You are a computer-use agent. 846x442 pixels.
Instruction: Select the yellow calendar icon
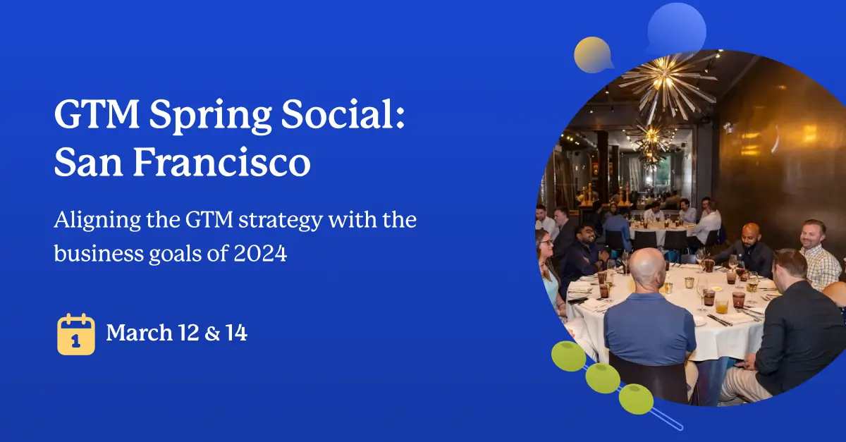tap(76, 334)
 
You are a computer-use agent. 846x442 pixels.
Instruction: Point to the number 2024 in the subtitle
tap(260, 253)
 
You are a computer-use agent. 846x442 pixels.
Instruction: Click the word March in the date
tap(140, 333)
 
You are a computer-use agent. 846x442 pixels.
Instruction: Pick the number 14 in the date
tap(236, 333)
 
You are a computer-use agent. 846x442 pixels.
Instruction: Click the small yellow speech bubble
tap(593, 55)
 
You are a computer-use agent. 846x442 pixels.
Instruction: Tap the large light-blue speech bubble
tap(676, 28)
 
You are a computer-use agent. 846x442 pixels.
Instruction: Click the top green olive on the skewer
tap(568, 356)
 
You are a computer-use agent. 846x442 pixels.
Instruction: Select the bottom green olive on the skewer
tap(636, 399)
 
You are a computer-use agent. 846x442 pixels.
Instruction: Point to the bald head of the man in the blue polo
tap(647, 269)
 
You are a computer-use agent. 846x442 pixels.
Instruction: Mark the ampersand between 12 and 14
tap(213, 333)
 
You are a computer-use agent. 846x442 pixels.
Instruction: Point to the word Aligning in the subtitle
tap(97, 221)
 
